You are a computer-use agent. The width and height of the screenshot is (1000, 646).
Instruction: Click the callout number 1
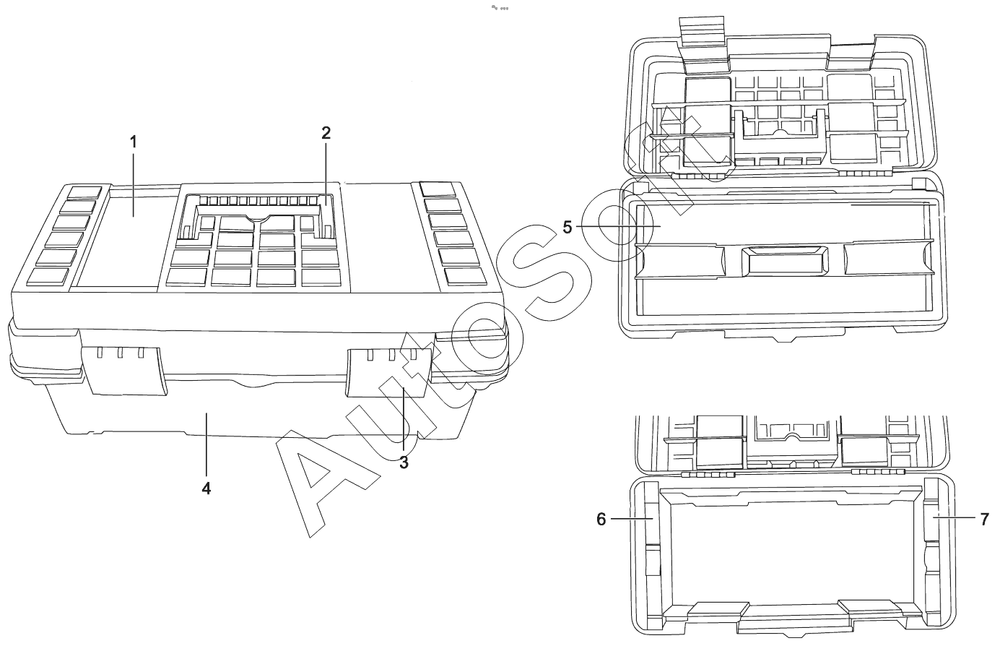click(133, 142)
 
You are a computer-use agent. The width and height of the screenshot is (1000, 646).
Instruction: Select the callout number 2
click(326, 132)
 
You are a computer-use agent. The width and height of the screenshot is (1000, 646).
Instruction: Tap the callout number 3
click(404, 462)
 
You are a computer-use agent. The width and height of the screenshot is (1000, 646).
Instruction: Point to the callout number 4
click(206, 488)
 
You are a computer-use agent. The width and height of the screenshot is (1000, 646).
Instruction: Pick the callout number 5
click(568, 227)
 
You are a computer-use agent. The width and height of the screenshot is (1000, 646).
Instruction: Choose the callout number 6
click(601, 519)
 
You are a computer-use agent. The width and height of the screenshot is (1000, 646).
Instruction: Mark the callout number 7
click(984, 519)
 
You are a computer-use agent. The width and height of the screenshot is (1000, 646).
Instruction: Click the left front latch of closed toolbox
click(124, 369)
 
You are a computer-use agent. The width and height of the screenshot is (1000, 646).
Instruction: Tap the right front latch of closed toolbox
click(389, 372)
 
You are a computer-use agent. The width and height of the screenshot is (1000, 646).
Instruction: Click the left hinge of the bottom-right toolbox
click(708, 474)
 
